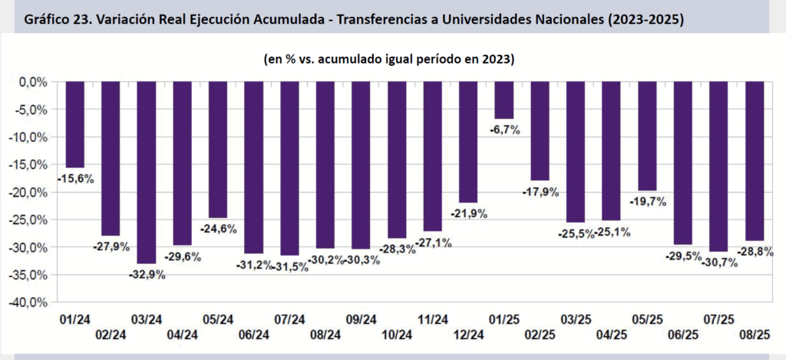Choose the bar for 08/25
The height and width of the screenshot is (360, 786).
(755, 160)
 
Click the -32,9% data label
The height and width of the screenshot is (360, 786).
(147, 273)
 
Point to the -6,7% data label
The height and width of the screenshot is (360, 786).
(504, 130)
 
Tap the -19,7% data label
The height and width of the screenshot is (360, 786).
(647, 202)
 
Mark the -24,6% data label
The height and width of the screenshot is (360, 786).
(218, 228)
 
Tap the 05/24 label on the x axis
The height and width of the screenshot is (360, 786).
(218, 319)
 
